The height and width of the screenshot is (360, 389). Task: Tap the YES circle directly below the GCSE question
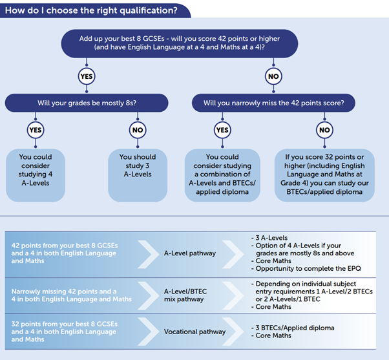tap(86, 77)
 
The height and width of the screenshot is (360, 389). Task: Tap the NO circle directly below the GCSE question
tap(273, 77)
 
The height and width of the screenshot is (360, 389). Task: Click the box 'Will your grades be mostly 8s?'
tap(87, 103)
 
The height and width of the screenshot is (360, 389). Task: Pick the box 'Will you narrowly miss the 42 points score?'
tap(273, 103)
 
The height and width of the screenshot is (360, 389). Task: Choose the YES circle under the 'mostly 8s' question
tap(36, 130)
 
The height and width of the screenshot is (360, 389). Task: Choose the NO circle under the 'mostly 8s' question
tap(138, 130)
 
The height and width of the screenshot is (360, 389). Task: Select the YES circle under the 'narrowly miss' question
tap(222, 130)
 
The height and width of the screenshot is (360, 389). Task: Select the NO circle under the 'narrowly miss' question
tap(324, 130)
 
